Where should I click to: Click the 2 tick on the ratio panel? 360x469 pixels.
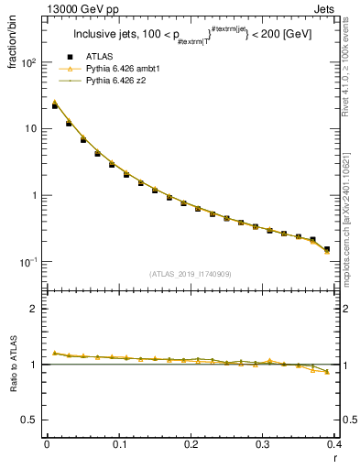tap(35, 309)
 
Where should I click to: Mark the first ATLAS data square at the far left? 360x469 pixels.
tap(55, 106)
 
